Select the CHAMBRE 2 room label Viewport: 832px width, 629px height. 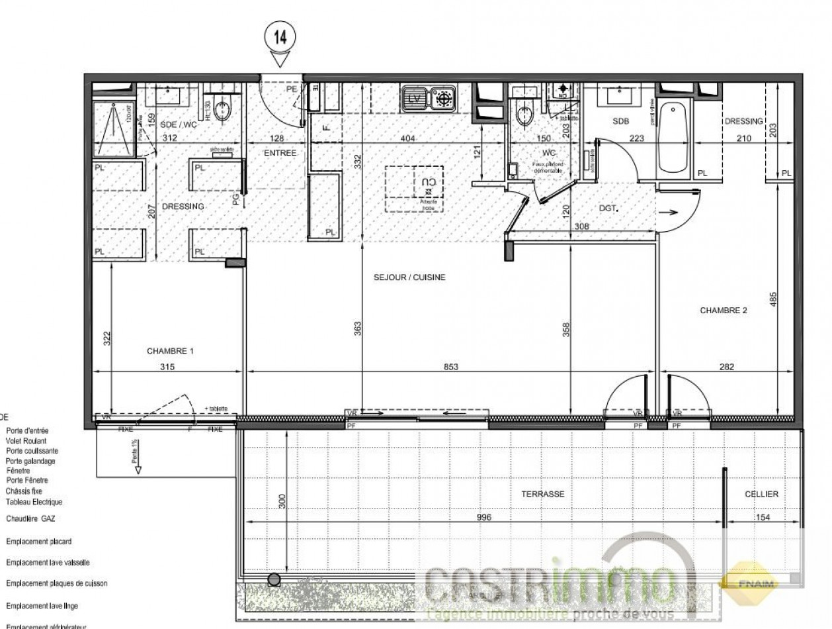pos(723,309)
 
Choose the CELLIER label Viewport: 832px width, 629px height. pos(761,494)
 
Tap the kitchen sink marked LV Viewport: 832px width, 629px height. pos(415,99)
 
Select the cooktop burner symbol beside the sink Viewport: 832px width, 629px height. pos(444,99)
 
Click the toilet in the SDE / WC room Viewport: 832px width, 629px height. pos(223,109)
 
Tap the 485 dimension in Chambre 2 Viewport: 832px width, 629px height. pos(773,298)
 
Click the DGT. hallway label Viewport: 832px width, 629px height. pos(608,208)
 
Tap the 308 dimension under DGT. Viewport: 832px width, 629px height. pos(581,226)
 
